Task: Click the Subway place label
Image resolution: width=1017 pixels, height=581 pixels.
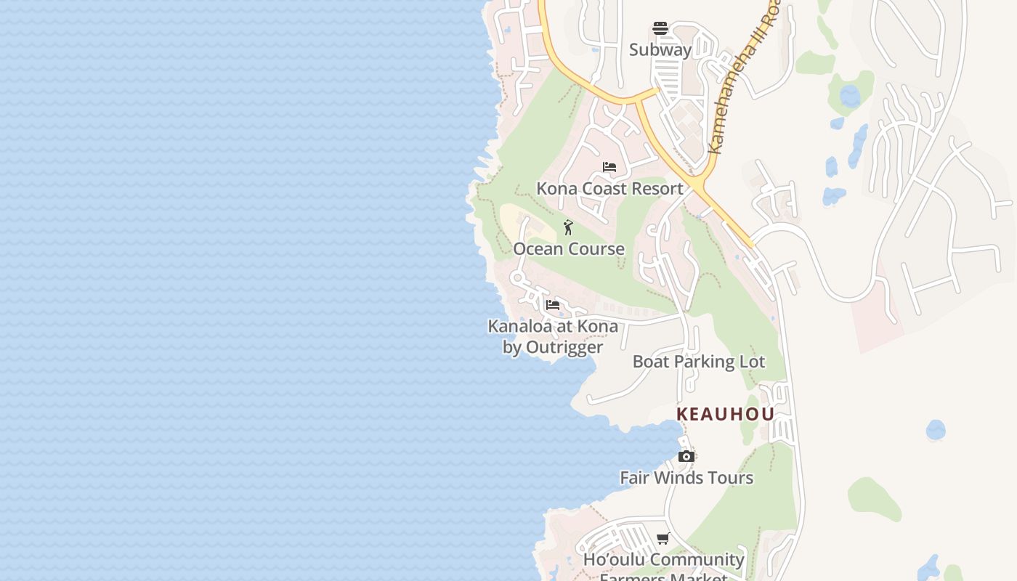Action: [x=660, y=50]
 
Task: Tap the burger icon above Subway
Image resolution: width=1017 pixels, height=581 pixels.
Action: [x=660, y=28]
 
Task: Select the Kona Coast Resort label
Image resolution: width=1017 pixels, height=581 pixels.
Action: [x=609, y=189]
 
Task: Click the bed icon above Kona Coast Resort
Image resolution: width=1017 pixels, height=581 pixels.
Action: [x=609, y=167]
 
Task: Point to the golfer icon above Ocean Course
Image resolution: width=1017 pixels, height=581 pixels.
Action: [x=568, y=227]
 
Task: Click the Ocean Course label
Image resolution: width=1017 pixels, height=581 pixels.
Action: [x=569, y=249]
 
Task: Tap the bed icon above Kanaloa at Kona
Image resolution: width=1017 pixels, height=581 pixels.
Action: [x=553, y=305]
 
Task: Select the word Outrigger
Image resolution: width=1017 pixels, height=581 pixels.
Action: [x=564, y=347]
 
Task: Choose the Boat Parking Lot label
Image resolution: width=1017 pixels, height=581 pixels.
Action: [x=699, y=362]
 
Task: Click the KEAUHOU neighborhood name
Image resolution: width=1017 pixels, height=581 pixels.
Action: [x=725, y=414]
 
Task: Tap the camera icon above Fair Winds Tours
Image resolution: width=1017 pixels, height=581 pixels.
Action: [x=686, y=456]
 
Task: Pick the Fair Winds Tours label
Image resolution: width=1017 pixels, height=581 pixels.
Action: [x=686, y=478]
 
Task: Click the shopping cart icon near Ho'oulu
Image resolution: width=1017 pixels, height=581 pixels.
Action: [x=663, y=538]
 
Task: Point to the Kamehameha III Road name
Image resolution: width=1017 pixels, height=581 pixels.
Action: [x=745, y=80]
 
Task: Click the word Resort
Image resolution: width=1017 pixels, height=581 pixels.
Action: [x=656, y=189]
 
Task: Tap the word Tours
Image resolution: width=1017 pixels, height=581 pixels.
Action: [x=732, y=478]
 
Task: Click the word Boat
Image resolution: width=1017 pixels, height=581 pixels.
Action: [x=650, y=362]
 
